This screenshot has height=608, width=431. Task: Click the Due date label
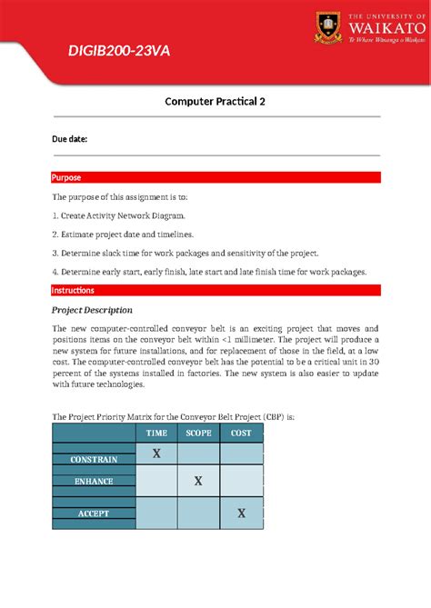pyautogui.click(x=69, y=139)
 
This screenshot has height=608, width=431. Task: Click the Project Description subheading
pyautogui.click(x=93, y=310)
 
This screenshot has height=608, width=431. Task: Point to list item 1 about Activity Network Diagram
pyautogui.click(x=118, y=215)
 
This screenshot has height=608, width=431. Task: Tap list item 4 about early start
pyautogui.click(x=209, y=271)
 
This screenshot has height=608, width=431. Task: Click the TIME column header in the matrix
pyautogui.click(x=156, y=434)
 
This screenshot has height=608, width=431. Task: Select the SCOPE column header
pyautogui.click(x=198, y=434)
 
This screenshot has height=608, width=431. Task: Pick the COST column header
pyautogui.click(x=241, y=434)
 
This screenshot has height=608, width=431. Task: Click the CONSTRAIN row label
pyautogui.click(x=94, y=460)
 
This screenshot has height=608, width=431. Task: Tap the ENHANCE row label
pyautogui.click(x=94, y=481)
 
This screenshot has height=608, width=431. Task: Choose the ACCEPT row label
pyautogui.click(x=94, y=513)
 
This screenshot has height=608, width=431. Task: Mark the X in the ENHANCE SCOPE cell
pyautogui.click(x=198, y=481)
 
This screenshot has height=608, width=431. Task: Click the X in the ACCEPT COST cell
pyautogui.click(x=241, y=513)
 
